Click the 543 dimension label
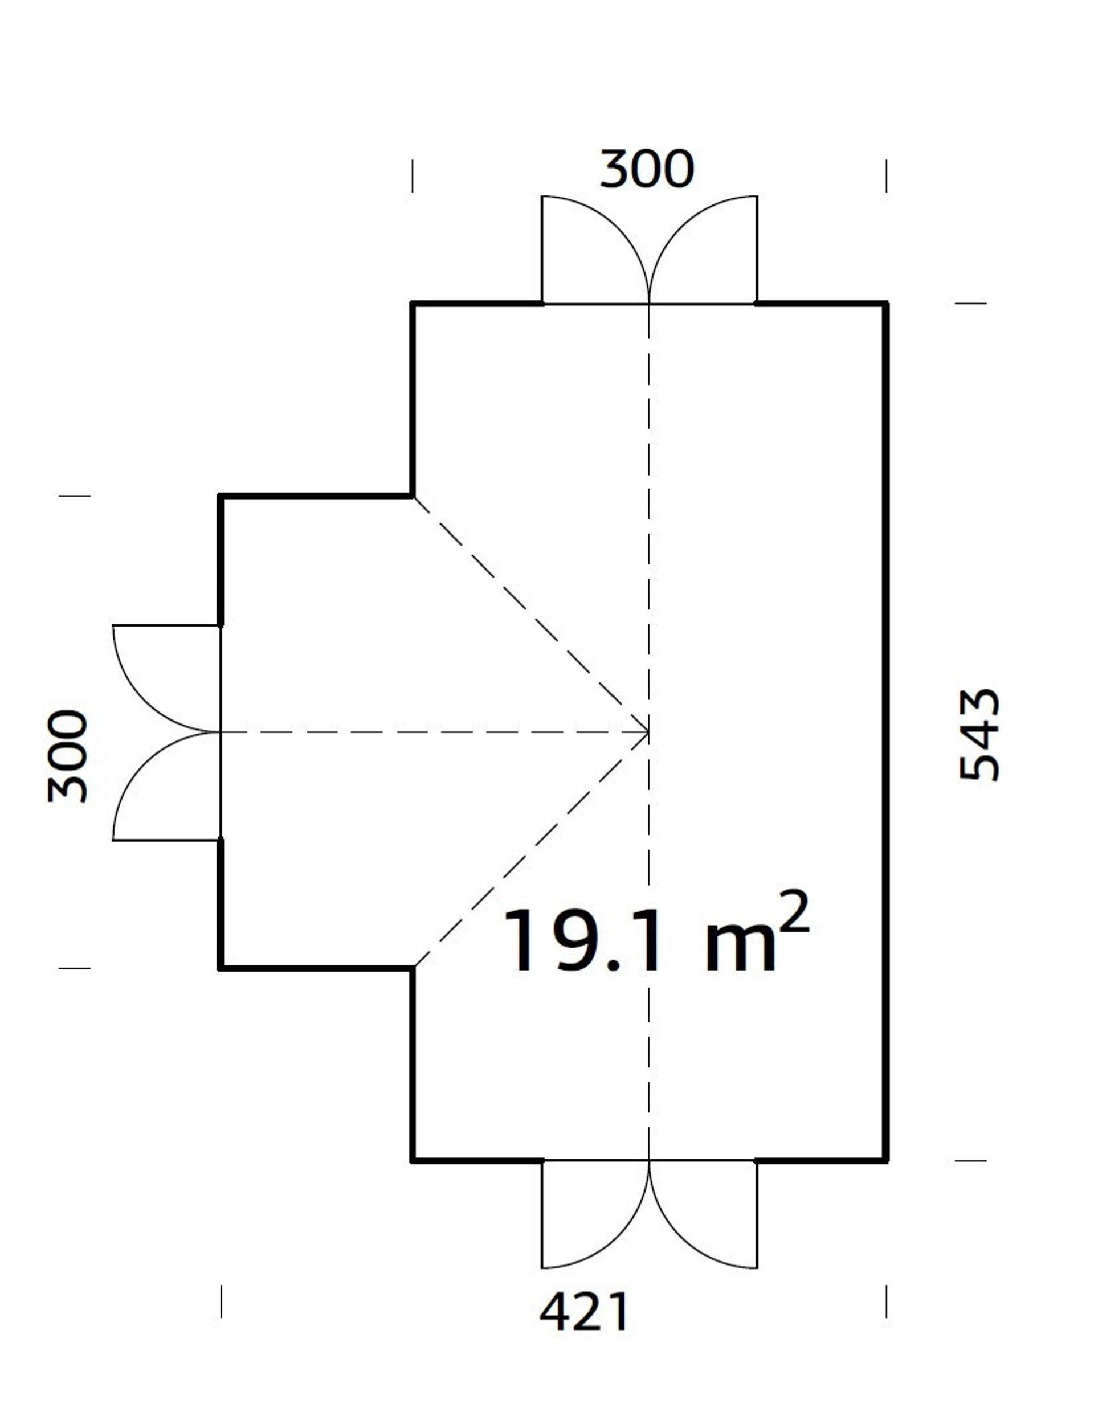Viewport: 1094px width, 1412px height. tap(978, 735)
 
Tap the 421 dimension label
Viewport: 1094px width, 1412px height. tap(583, 1312)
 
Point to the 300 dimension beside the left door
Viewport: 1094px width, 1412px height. tap(67, 756)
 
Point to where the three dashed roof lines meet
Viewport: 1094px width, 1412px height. tap(648, 732)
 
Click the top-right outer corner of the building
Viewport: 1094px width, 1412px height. tap(887, 303)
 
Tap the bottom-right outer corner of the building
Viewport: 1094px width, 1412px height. tap(887, 1160)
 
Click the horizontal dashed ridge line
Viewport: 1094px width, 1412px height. tap(433, 732)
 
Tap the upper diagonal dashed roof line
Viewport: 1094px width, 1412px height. tap(530, 614)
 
